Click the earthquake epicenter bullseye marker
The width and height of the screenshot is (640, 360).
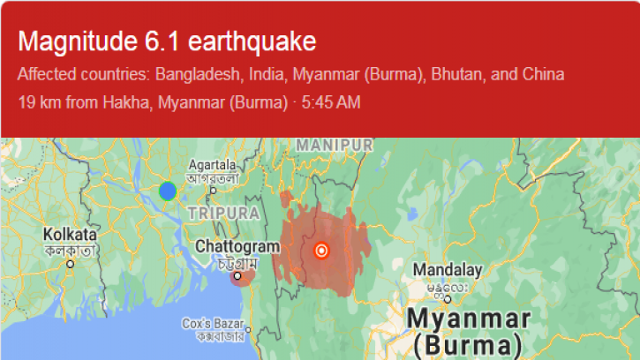[x=321, y=250]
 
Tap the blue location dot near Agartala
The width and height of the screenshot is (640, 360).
[x=168, y=191]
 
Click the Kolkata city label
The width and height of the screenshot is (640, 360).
[x=70, y=235]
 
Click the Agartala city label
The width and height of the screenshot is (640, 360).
[x=212, y=164]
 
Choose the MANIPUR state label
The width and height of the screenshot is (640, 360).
[x=335, y=144]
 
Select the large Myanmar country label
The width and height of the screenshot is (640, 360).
[x=469, y=319]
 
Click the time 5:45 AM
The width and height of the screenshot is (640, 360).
[x=330, y=102]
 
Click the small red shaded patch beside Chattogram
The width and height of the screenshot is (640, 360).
[x=241, y=278]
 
